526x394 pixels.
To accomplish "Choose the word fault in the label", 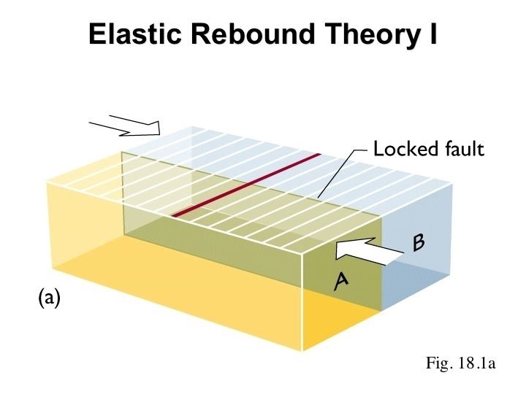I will pos(464,150).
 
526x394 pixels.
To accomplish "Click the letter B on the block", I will pos(419,243).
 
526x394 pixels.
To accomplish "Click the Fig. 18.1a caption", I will pos(461,363).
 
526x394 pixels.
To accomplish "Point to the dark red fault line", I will pos(247,185).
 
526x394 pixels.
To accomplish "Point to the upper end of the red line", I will pos(320,155).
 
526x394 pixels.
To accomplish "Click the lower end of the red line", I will pos(173,216).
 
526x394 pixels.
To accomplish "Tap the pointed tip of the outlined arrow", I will pos(159,130).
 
